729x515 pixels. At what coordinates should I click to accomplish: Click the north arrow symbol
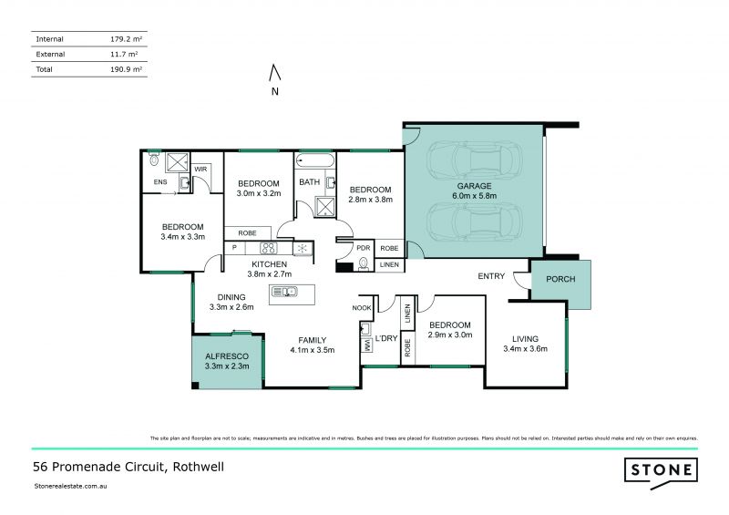click(275, 72)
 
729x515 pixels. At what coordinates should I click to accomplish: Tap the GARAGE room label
click(474, 185)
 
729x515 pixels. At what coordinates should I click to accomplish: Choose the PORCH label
click(560, 279)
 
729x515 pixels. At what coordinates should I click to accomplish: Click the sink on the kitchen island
click(285, 292)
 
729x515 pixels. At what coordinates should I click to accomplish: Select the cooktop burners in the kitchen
click(269, 247)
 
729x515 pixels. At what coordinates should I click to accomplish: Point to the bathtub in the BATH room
click(314, 162)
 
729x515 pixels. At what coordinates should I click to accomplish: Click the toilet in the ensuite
click(153, 160)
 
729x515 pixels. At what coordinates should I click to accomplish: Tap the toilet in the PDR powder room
click(364, 264)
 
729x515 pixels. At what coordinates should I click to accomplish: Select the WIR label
click(200, 169)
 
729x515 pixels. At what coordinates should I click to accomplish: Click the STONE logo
click(662, 470)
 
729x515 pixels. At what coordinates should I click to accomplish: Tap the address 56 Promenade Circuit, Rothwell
click(128, 467)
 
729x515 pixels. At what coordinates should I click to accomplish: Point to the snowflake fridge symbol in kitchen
click(301, 247)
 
